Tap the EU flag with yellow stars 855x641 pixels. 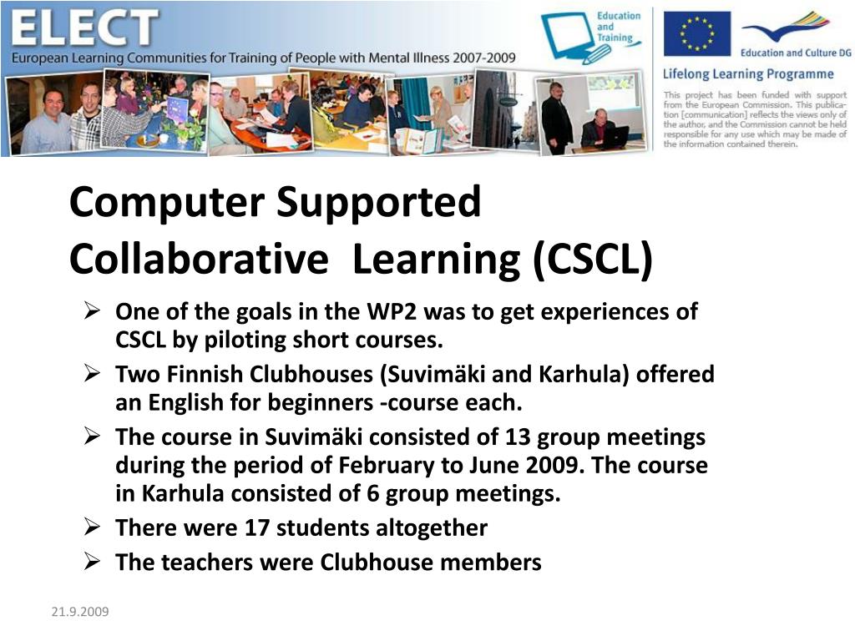[696, 33]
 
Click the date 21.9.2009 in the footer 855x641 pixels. [80, 613]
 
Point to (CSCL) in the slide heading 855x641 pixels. [594, 259]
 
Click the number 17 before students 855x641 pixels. [258, 527]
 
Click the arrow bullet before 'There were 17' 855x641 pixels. [94, 527]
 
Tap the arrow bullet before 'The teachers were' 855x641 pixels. [94, 562]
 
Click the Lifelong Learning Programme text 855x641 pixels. [748, 73]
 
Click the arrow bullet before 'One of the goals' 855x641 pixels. [94, 312]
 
